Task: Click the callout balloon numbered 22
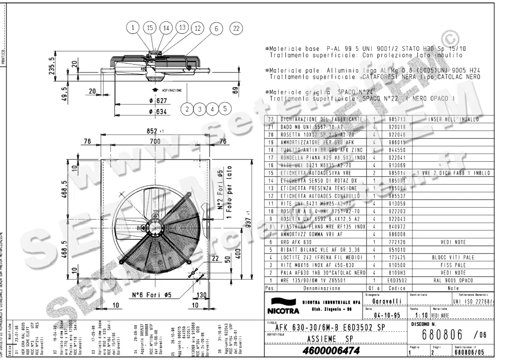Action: point(237,28)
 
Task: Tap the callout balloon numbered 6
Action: point(216,29)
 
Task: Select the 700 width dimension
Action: point(155,142)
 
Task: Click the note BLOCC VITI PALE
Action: point(453,257)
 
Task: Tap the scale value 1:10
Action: point(421,315)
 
